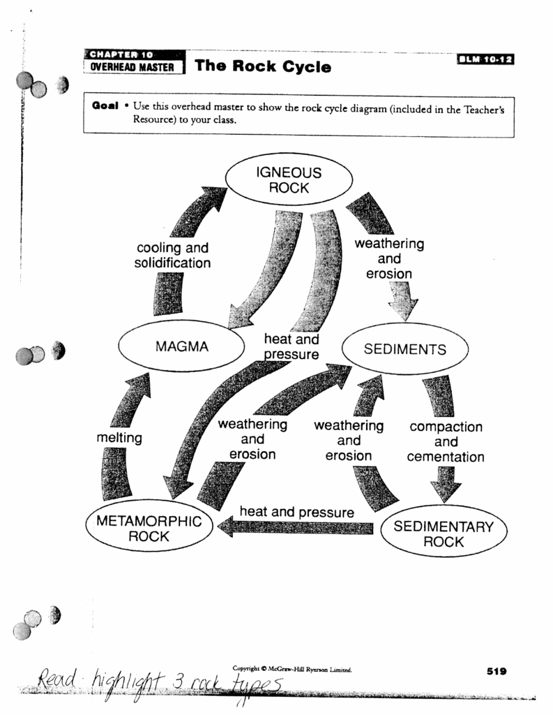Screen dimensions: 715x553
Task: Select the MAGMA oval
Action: (x=181, y=346)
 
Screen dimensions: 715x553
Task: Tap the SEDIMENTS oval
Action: (x=404, y=348)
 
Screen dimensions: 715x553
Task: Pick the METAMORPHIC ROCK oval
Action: (x=149, y=529)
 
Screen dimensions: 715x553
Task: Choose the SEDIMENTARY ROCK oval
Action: (x=444, y=534)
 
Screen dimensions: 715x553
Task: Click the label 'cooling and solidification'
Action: (x=172, y=256)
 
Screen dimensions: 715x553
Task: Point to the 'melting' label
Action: (x=119, y=438)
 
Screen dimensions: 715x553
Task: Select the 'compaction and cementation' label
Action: (x=446, y=441)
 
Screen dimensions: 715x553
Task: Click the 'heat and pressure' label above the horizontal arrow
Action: (x=296, y=512)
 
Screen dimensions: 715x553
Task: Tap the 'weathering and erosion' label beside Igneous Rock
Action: (x=389, y=258)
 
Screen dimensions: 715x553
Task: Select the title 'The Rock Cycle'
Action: (x=263, y=67)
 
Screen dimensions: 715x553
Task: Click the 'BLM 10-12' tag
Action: (x=485, y=60)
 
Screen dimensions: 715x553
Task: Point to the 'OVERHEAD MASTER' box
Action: (x=133, y=68)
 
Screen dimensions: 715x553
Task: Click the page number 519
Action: (x=496, y=671)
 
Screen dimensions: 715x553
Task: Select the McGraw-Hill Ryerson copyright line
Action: (x=292, y=669)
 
